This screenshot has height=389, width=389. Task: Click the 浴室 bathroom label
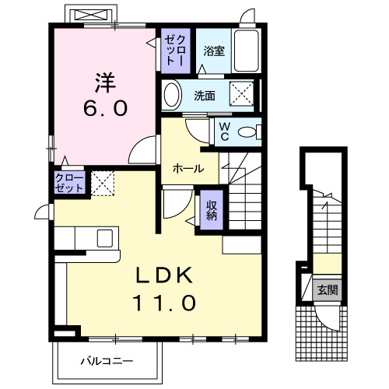(214, 51)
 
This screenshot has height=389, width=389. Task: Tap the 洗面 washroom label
(205, 96)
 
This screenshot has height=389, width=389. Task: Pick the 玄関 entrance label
(328, 290)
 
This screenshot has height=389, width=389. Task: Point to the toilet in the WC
(249, 132)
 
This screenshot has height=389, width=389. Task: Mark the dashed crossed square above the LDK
(103, 184)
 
